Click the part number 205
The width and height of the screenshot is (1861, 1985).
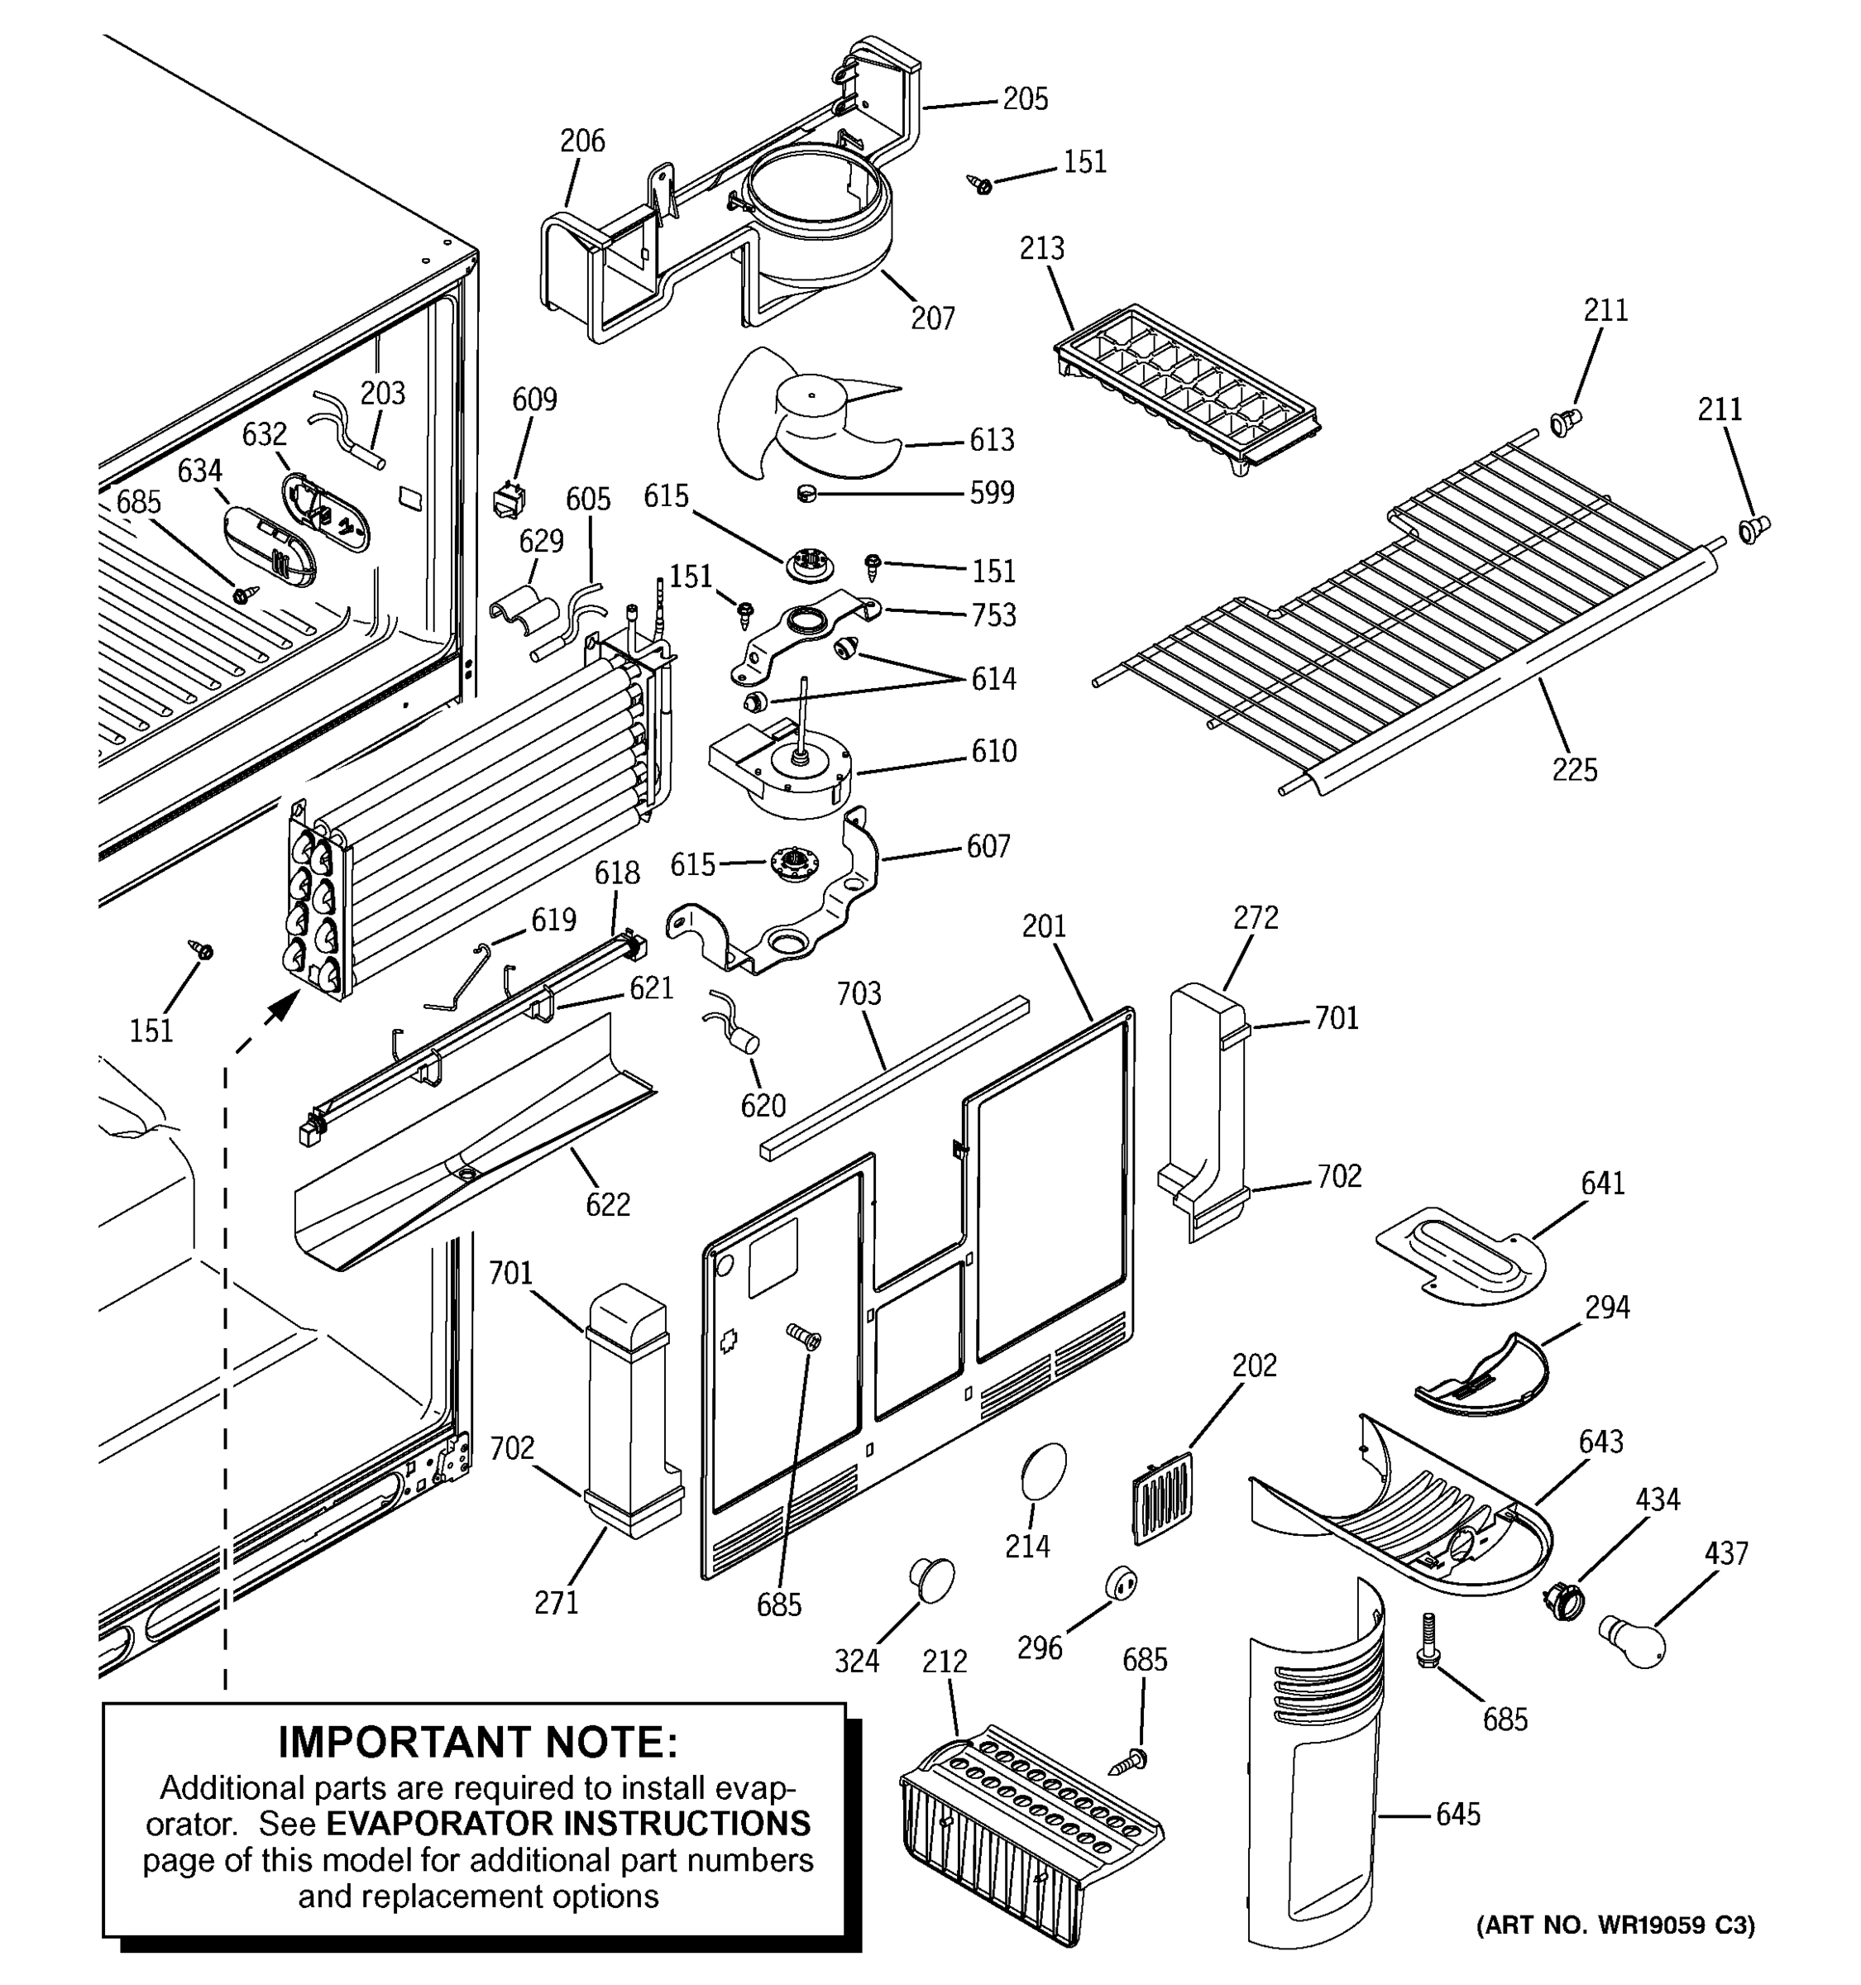pos(1026,99)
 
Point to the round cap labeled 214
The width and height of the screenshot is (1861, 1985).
pos(1043,1471)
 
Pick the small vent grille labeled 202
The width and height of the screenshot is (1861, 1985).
pos(1163,1498)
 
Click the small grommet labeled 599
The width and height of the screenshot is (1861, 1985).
pos(806,493)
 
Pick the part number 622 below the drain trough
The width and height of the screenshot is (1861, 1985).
pos(607,1204)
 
